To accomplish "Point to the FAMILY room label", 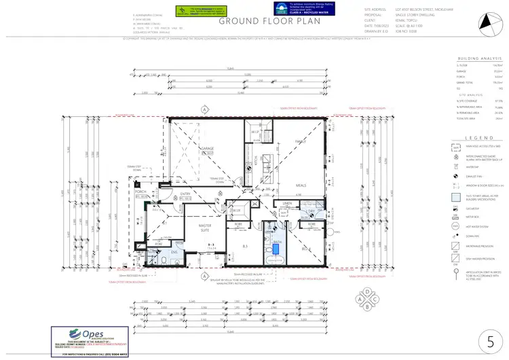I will [x=300, y=141].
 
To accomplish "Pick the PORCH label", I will [x=141, y=192].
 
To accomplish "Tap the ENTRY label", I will [x=184, y=194].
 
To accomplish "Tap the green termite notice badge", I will [x=193, y=10].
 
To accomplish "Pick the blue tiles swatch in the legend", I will [x=455, y=198].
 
